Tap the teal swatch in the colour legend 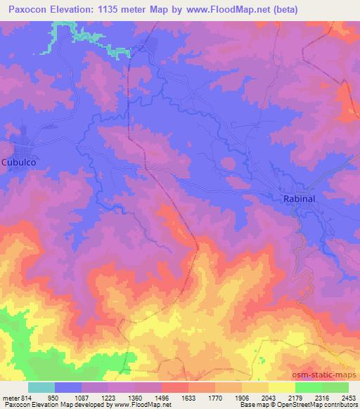[41, 388]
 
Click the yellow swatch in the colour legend [281, 388]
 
